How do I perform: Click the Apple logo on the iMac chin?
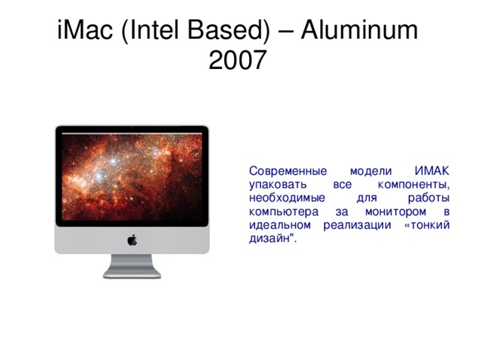tap(132, 240)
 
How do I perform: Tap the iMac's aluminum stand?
tap(132, 267)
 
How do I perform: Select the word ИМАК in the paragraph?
tap(430, 171)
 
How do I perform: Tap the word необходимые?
tap(286, 198)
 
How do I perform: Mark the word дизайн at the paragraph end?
tap(267, 238)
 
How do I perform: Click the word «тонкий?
tap(426, 225)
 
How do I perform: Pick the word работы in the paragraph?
tap(428, 198)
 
